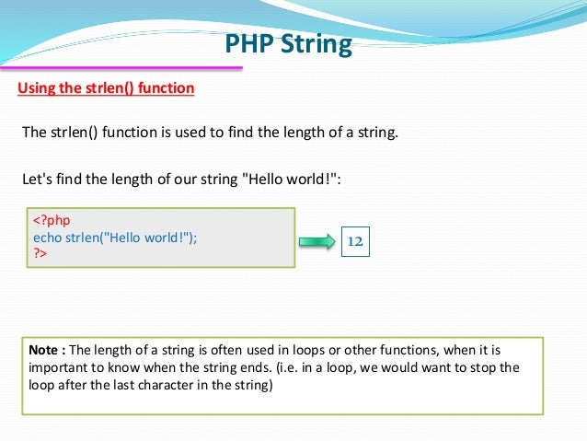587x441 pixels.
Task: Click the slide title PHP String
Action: (288, 44)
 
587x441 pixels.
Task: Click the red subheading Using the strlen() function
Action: (107, 88)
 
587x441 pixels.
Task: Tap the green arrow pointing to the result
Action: (317, 242)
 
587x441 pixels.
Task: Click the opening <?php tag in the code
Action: (52, 221)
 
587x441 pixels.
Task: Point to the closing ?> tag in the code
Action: (40, 251)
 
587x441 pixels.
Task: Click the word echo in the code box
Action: (49, 237)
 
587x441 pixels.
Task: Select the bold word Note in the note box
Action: (43, 350)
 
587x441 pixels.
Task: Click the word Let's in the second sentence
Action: (38, 179)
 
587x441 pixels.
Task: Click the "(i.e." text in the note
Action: (378, 367)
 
